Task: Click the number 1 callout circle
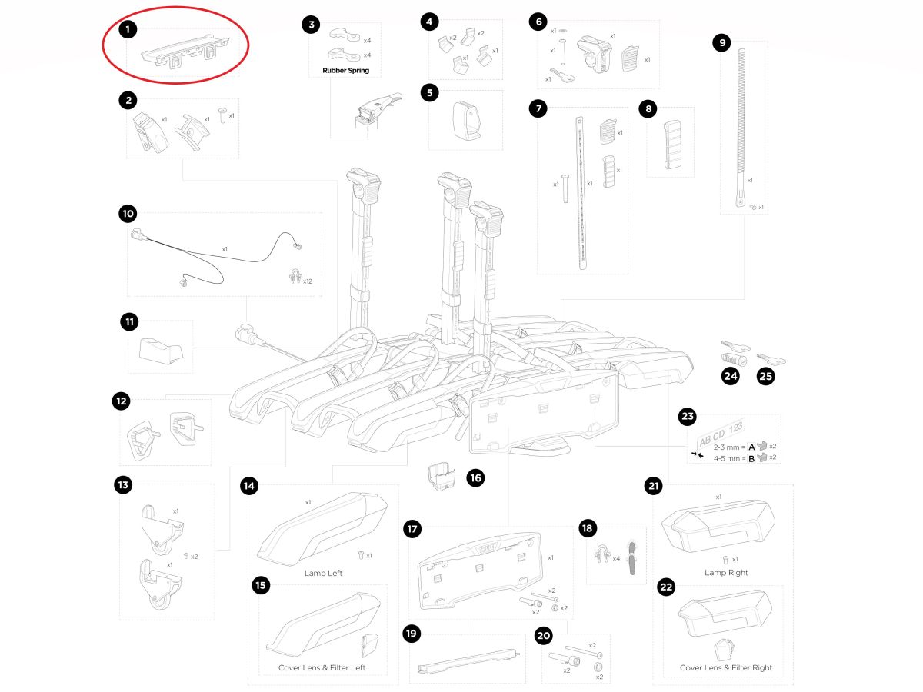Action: pos(128,30)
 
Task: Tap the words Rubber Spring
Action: pos(340,71)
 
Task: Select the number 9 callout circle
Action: pos(721,43)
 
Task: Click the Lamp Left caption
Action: pos(324,574)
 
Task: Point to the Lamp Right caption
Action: pos(726,573)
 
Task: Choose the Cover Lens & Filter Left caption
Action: pos(322,668)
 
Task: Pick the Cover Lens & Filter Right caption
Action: pos(726,668)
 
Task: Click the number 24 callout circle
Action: pos(730,377)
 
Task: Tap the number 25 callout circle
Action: pos(765,377)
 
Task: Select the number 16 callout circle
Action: pos(475,478)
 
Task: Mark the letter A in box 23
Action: pos(751,446)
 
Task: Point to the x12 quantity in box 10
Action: pos(307,281)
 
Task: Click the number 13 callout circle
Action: pos(122,485)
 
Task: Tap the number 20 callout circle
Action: pos(544,636)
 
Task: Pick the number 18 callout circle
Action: pos(588,528)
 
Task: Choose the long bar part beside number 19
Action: pos(466,661)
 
